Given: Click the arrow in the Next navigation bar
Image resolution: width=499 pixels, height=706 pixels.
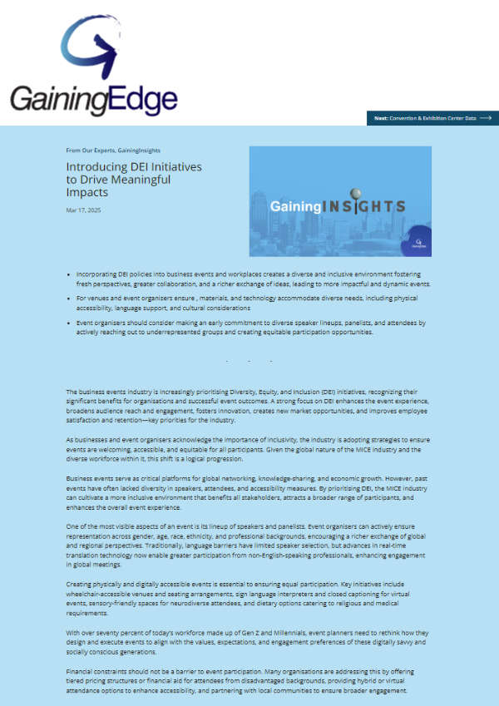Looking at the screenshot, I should [x=486, y=118].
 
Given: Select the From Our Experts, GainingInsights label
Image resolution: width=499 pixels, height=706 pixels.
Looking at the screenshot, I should [x=114, y=151].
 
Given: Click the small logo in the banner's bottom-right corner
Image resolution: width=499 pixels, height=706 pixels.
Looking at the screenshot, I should [x=419, y=244].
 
